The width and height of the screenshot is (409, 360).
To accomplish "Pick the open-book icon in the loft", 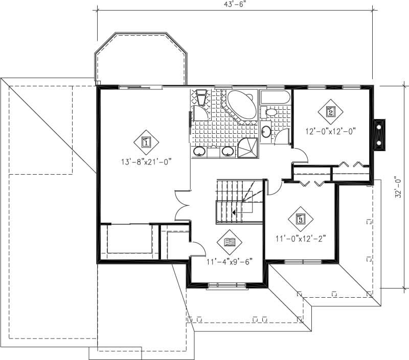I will pos(229,242).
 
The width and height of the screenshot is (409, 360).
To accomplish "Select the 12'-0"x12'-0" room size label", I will pos(330,130).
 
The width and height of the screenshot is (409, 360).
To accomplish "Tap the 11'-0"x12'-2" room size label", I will pos(301,237).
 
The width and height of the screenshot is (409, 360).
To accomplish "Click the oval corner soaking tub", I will pos(242,106).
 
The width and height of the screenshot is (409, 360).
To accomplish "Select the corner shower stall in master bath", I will pos(249,148).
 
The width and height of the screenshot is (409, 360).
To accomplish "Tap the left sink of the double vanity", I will pos(200,151).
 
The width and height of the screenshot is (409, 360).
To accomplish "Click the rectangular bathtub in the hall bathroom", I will pos(276,97).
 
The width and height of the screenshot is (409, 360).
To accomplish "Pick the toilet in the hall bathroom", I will pos(270,112).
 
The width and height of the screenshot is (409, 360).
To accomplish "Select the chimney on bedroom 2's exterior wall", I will pos(380,134).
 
